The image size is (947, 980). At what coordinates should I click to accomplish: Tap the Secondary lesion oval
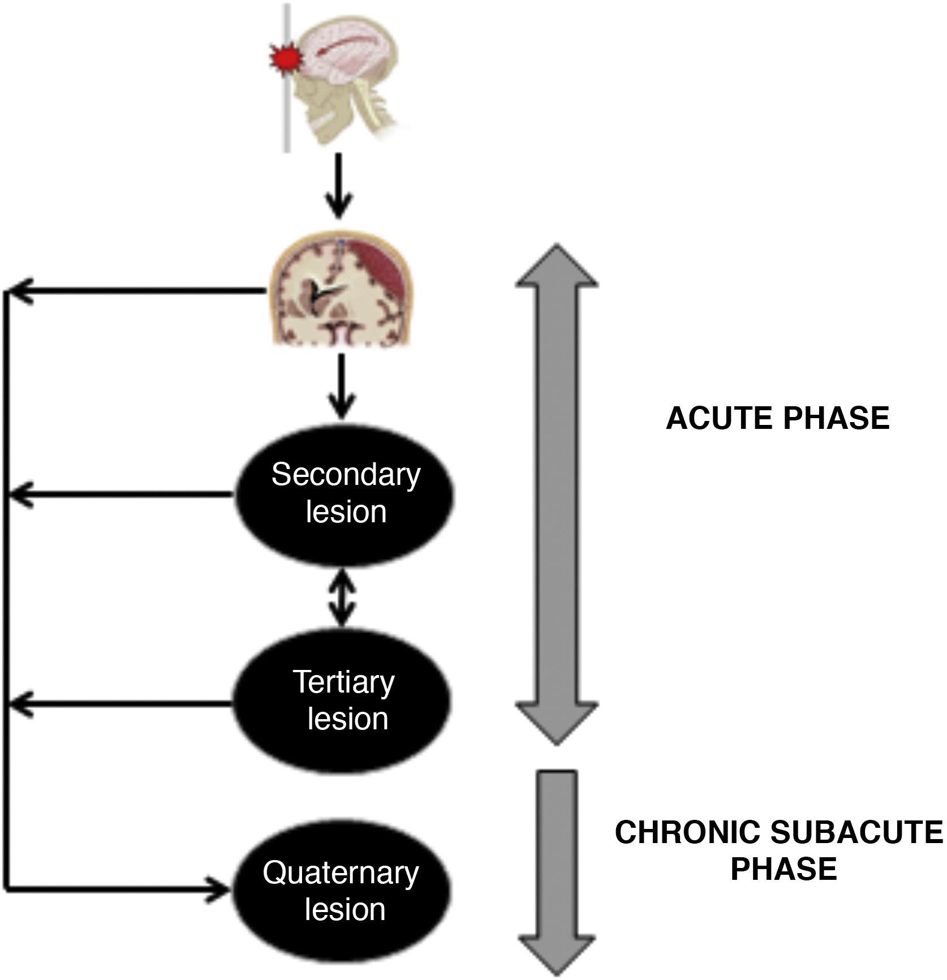(345, 496)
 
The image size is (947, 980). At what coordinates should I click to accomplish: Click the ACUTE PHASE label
(777, 419)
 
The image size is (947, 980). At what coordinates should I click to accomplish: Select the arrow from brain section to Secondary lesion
(341, 387)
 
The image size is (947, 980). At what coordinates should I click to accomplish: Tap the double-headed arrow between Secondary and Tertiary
(342, 598)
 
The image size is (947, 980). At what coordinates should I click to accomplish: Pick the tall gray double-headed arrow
(557, 494)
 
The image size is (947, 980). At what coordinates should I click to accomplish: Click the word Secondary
(346, 475)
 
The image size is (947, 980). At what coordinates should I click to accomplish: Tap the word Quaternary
(341, 872)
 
